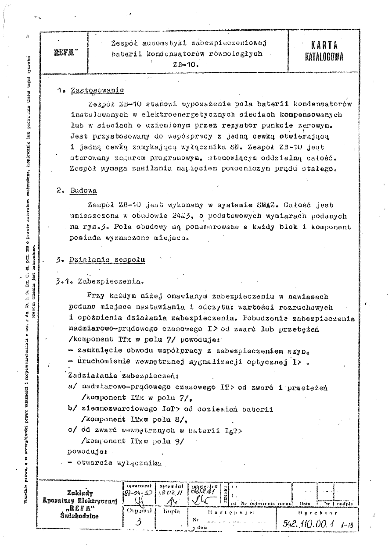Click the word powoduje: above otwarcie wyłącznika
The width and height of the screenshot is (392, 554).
87,451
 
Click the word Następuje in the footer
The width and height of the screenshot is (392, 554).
223,511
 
